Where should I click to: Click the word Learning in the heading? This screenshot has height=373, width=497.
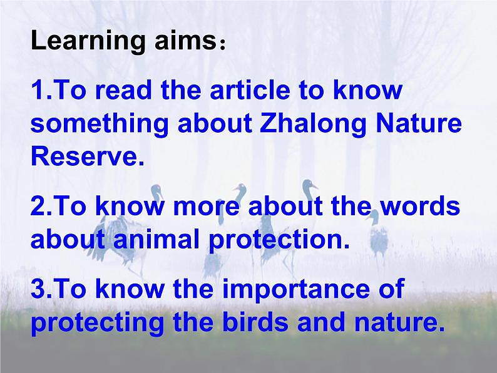(88, 41)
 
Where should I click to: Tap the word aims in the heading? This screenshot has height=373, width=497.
(185, 41)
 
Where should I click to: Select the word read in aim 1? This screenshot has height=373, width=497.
(123, 89)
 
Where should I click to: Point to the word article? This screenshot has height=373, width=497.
(250, 89)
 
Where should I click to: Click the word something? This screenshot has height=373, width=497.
(100, 125)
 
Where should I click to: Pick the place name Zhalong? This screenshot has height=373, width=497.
(313, 125)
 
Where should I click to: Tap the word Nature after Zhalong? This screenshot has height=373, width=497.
(418, 123)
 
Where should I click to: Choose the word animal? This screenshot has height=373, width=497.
(156, 238)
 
